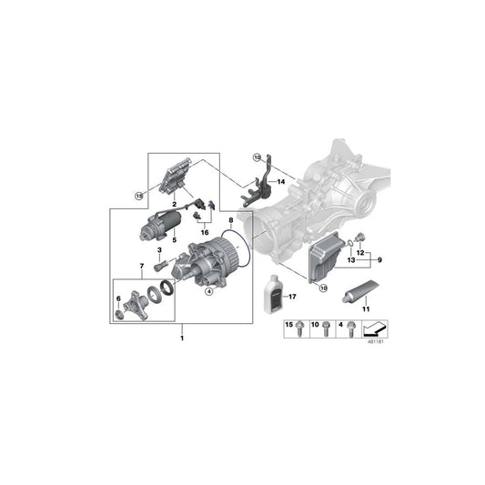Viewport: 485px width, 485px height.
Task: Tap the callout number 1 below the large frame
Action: tap(182, 338)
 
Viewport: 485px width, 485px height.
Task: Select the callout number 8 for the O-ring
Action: tap(230, 220)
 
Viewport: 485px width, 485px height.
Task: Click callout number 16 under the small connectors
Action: tap(204, 233)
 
